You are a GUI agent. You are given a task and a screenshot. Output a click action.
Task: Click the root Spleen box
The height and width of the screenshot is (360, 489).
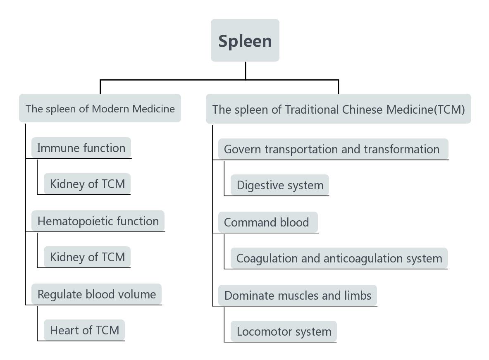(245, 41)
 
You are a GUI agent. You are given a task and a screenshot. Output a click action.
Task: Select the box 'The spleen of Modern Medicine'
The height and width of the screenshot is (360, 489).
(100, 108)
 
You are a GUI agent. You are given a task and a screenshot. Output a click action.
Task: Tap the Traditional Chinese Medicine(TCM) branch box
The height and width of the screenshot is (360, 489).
(338, 109)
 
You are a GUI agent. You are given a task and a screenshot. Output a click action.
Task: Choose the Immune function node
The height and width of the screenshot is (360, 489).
(81, 148)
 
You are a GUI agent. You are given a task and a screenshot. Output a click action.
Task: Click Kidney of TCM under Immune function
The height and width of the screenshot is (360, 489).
(87, 184)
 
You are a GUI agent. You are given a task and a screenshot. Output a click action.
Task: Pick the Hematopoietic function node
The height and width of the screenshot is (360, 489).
(98, 221)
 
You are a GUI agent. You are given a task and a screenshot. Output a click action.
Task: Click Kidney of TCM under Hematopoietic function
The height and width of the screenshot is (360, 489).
(87, 257)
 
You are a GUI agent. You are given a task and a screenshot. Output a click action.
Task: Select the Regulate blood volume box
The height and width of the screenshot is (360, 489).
(96, 294)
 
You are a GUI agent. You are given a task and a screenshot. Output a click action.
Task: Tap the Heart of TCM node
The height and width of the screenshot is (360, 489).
(84, 330)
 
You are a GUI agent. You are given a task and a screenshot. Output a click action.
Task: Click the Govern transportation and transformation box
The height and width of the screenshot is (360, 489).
(332, 149)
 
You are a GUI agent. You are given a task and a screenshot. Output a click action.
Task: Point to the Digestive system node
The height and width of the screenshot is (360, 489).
(280, 185)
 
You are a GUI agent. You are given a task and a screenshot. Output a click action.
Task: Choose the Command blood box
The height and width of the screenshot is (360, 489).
(267, 222)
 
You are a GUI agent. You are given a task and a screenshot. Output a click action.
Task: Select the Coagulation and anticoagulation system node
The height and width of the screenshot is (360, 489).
(339, 258)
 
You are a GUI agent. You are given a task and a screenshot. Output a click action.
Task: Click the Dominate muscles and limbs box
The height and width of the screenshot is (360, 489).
(298, 296)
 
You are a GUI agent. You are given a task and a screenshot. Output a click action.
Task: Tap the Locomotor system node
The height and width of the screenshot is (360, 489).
(284, 331)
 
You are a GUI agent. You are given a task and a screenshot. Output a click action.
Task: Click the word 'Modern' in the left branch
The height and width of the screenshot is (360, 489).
(109, 109)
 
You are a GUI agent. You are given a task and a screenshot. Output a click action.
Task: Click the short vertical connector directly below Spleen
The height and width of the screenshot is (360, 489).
(246, 70)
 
